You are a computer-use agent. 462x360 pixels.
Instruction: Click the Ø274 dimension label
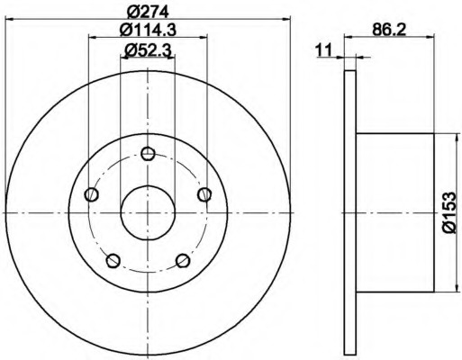tap(148, 12)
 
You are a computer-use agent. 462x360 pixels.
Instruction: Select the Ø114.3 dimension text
tap(148, 30)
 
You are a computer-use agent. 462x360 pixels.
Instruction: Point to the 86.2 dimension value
tap(389, 30)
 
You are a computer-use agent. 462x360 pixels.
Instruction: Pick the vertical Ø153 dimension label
tap(449, 212)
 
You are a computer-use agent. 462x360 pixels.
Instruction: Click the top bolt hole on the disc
tap(148, 154)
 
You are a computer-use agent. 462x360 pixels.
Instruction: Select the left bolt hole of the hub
tap(91, 194)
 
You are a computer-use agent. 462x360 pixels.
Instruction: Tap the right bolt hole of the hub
tap(204, 194)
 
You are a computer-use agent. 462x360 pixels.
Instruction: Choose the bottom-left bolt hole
tap(113, 261)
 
